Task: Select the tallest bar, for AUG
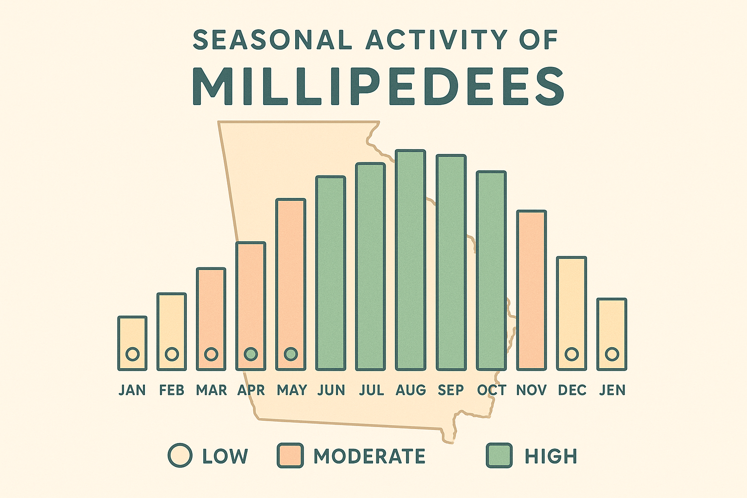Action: click(x=410, y=260)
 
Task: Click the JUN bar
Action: click(x=331, y=272)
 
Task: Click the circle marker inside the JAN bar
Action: click(x=132, y=354)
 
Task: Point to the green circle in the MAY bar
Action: click(x=291, y=354)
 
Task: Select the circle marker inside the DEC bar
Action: click(x=572, y=354)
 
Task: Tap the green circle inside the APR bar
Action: click(x=251, y=354)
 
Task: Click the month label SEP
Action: click(x=450, y=390)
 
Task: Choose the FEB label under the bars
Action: click(x=172, y=390)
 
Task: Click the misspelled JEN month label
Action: click(x=612, y=390)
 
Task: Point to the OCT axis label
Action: click(x=492, y=390)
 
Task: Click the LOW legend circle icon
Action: click(x=180, y=456)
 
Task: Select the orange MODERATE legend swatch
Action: click(x=290, y=456)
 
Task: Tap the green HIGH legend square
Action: click(x=499, y=456)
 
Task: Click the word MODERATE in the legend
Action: click(x=370, y=456)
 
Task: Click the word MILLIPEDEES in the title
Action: click(x=378, y=86)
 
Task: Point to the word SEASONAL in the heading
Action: click(x=272, y=40)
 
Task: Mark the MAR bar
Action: click(x=211, y=319)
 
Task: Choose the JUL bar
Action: click(x=371, y=267)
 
